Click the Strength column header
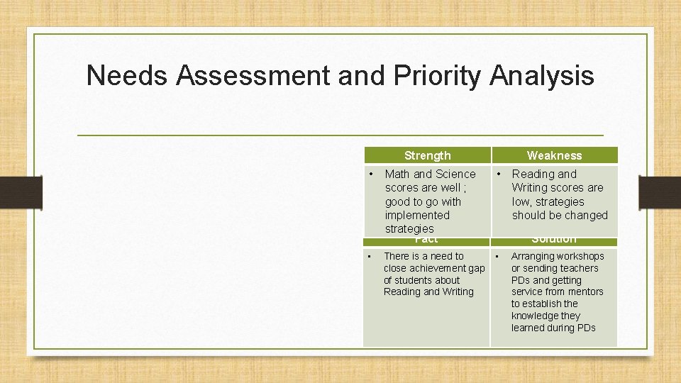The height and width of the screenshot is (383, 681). pyautogui.click(x=427, y=155)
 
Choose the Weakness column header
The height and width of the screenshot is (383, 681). pyautogui.click(x=554, y=155)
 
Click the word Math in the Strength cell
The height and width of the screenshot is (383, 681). pyautogui.click(x=397, y=174)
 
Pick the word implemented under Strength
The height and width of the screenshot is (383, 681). pyautogui.click(x=417, y=215)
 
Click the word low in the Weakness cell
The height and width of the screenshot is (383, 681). pyautogui.click(x=521, y=201)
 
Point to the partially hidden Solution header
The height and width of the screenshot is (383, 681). pyautogui.click(x=554, y=240)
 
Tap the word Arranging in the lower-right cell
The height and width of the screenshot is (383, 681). pyautogui.click(x=533, y=256)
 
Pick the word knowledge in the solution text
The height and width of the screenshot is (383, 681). pyautogui.click(x=536, y=316)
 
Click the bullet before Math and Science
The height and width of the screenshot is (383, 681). pyautogui.click(x=371, y=174)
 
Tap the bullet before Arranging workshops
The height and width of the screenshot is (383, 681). pyautogui.click(x=497, y=256)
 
